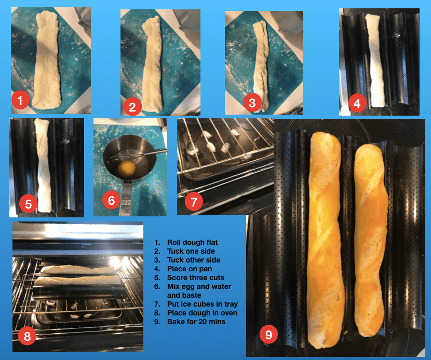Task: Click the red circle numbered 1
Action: tap(20, 100)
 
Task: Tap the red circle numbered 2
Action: tap(132, 107)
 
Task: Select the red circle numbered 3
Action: tap(252, 103)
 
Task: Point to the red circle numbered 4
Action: tap(357, 104)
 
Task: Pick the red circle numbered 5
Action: tap(29, 204)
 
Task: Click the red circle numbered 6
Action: tap(111, 200)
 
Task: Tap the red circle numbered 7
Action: tap(194, 202)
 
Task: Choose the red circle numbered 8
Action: tap(27, 336)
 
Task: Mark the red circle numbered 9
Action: tap(268, 334)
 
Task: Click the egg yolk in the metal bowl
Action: tap(126, 168)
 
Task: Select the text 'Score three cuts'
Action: tap(196, 278)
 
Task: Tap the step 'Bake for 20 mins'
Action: tap(196, 322)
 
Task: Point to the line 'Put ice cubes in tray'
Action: tap(203, 304)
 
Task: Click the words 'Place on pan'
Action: tap(190, 269)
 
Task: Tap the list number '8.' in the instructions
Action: tap(157, 313)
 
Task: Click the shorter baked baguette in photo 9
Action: tap(371, 239)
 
